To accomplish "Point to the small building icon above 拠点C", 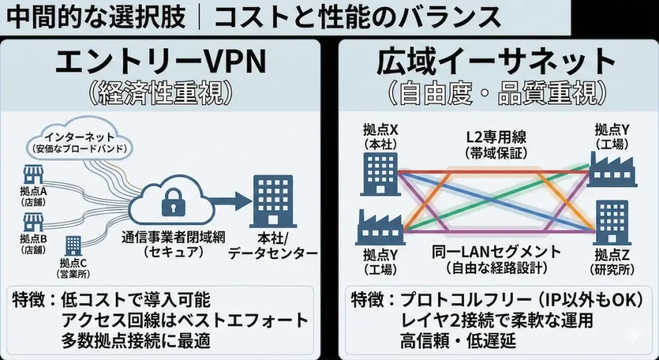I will click(x=73, y=245).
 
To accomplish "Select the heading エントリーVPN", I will click(x=160, y=63).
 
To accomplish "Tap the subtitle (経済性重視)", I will click(x=160, y=93).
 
